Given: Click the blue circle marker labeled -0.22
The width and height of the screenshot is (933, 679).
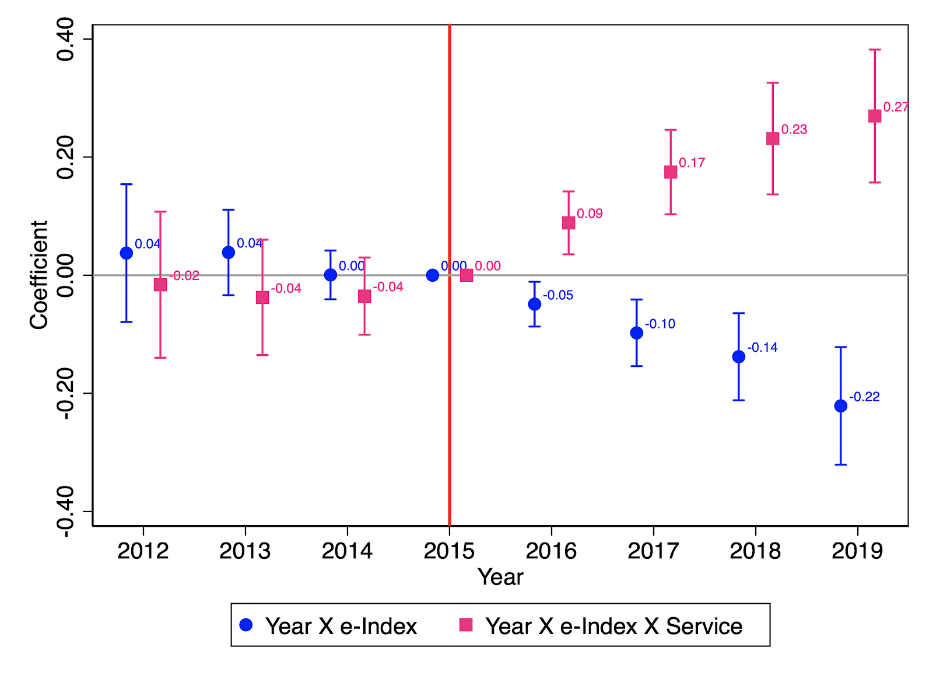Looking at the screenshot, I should click(840, 406).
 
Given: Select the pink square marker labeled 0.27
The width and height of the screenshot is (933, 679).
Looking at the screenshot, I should click(875, 116).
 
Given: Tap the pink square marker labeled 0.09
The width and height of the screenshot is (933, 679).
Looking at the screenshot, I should click(569, 223).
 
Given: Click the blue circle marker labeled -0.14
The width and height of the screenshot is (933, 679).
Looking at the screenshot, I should click(738, 356).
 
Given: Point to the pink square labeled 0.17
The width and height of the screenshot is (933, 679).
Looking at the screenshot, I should click(671, 172).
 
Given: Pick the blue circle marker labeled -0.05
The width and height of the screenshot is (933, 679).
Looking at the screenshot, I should click(534, 304).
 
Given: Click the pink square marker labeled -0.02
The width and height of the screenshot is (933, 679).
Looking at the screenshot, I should click(160, 285).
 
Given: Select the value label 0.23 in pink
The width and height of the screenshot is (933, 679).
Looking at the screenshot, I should click(794, 129).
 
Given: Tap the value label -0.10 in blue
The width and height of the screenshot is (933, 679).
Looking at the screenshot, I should click(660, 324).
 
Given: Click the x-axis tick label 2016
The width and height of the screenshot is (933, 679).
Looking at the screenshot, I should click(551, 551).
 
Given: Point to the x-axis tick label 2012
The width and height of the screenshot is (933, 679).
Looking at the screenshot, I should click(143, 551).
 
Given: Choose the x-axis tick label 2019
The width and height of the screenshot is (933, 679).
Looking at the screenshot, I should click(857, 551).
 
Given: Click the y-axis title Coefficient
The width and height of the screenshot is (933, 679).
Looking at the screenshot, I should click(39, 275).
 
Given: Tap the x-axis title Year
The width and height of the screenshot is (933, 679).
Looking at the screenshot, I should click(500, 577).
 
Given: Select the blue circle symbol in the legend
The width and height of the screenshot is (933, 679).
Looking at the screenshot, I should click(246, 625).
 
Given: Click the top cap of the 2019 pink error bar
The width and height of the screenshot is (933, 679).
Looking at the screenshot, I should click(875, 50).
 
